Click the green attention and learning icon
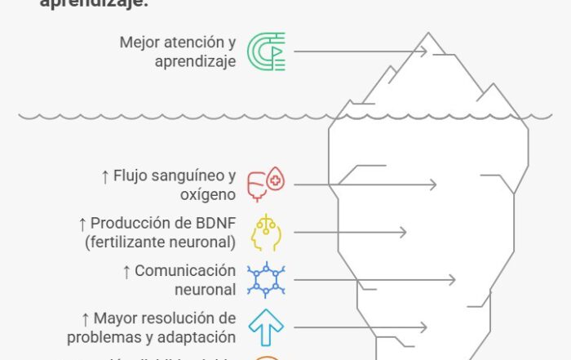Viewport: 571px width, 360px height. coord(266,51)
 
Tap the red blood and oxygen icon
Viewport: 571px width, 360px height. coord(266,185)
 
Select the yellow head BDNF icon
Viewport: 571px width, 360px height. coord(266,233)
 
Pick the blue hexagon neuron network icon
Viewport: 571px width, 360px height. coord(266,280)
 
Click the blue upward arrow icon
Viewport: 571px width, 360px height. coord(266,327)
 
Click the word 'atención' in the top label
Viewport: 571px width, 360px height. coord(191,42)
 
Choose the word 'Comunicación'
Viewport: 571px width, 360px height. coord(184,270)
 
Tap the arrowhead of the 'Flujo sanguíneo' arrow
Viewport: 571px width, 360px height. coord(433,185)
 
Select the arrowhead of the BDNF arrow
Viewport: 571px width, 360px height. coord(402,233)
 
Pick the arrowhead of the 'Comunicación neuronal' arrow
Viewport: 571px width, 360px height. coord(452,280)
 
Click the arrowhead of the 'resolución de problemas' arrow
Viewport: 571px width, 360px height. coord(423,327)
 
